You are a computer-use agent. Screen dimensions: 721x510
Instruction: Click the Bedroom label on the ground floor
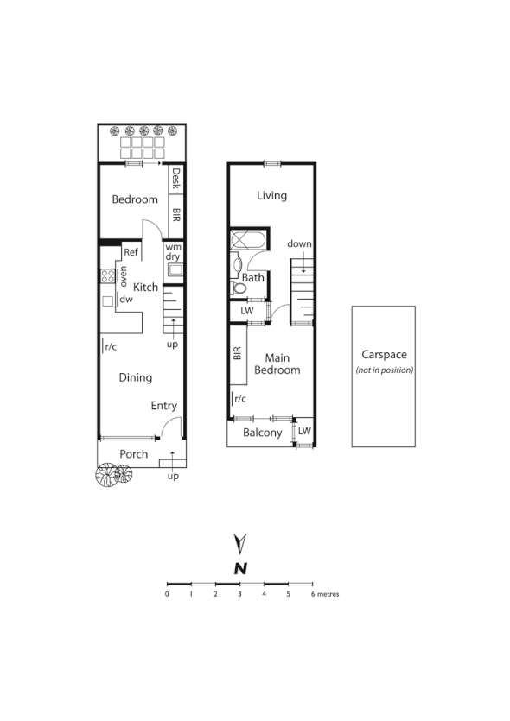tap(135, 199)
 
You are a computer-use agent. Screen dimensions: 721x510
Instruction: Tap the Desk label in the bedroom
tap(176, 179)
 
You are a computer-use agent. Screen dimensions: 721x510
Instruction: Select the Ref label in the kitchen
tap(131, 252)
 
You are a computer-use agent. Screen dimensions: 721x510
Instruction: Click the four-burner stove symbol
tap(108, 276)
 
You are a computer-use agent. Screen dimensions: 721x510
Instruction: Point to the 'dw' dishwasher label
tap(126, 300)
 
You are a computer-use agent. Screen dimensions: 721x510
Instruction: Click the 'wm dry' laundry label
tap(174, 251)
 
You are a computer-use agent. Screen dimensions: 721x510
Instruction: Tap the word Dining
tap(135, 377)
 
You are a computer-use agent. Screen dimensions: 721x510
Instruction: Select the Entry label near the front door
tap(163, 406)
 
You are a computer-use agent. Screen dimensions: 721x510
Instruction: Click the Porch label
tap(133, 454)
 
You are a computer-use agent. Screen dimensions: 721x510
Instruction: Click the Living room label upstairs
tap(271, 196)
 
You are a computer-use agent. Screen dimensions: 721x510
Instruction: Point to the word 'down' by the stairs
tap(300, 244)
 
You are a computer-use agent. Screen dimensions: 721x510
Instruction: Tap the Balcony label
tap(261, 433)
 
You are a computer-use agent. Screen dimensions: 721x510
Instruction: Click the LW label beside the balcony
tap(303, 430)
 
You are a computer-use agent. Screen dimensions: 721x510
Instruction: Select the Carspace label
tap(383, 355)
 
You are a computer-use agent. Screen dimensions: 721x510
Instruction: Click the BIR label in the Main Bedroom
tap(237, 355)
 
